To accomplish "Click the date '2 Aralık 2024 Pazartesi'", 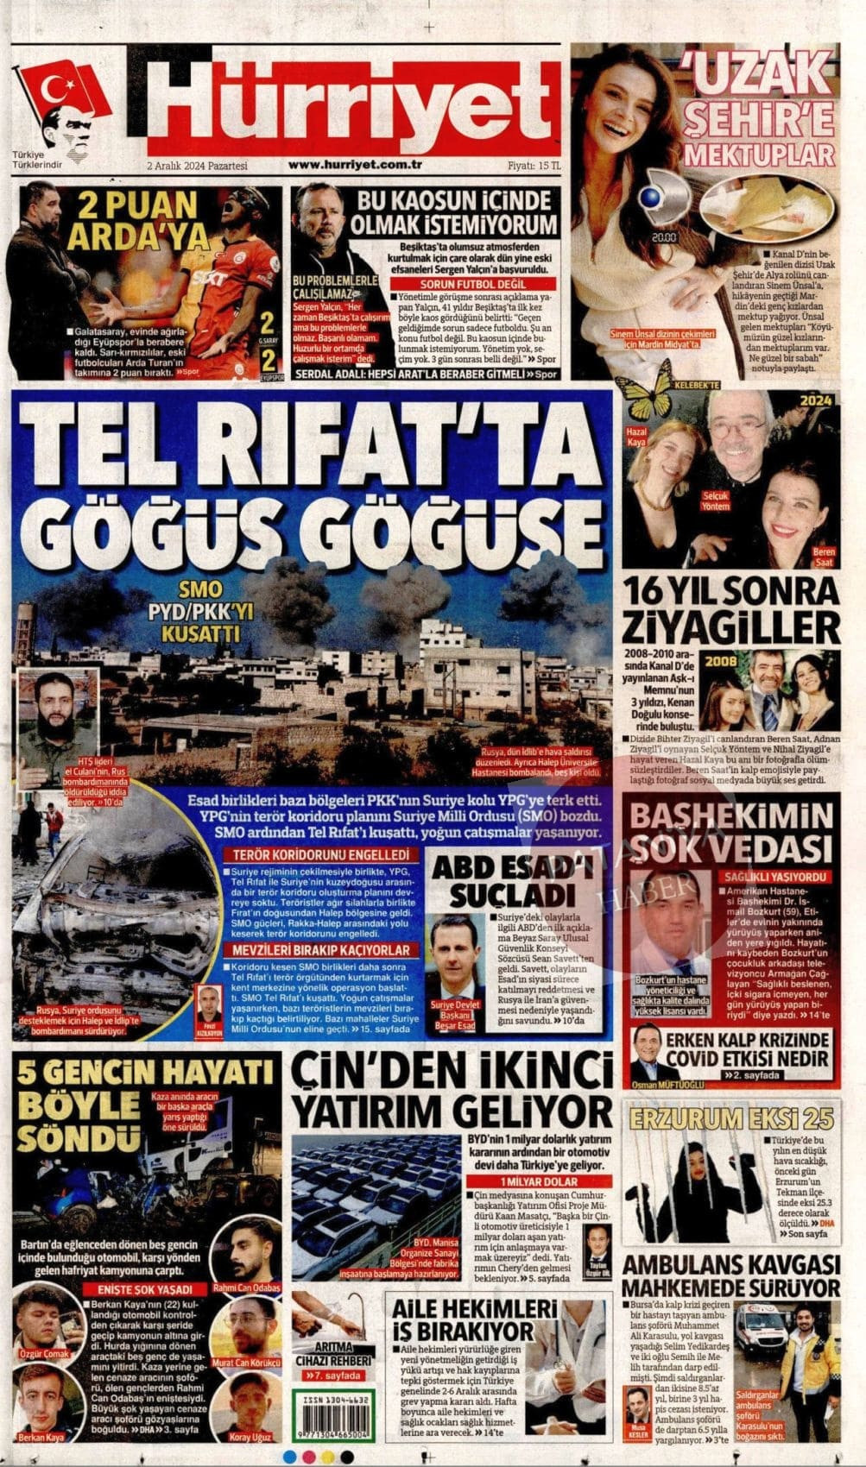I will pyautogui.click(x=197, y=166).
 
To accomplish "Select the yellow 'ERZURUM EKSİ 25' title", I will pyautogui.click(x=732, y=1119).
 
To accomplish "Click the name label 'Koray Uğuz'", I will pyautogui.click(x=250, y=1437).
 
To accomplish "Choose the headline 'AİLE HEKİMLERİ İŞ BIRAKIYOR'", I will pyautogui.click(x=465, y=1318).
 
